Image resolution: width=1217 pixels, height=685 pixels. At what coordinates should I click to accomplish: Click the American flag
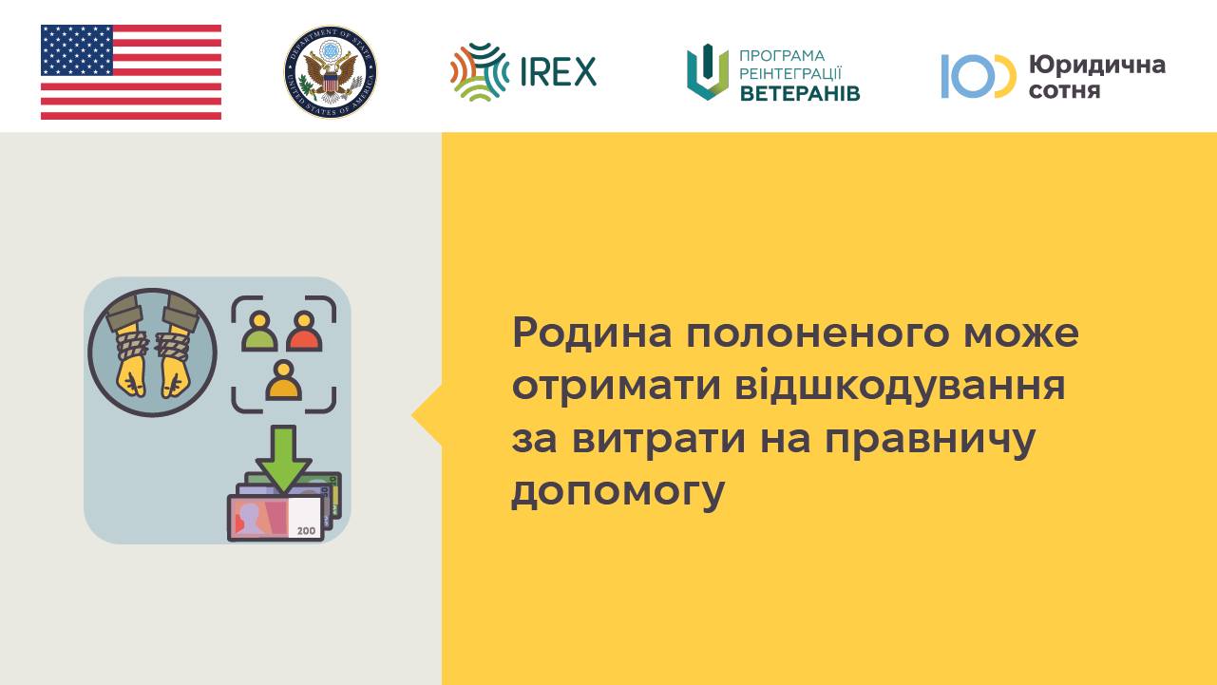click(x=131, y=71)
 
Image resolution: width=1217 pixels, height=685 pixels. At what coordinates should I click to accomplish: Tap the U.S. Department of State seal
click(x=331, y=71)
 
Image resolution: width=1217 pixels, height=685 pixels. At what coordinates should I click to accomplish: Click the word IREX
click(x=558, y=71)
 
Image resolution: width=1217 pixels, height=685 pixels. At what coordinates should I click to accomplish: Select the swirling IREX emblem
click(x=480, y=71)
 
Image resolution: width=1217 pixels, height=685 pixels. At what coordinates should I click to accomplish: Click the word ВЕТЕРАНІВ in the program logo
click(x=800, y=93)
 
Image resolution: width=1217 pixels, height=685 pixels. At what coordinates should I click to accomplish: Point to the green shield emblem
click(x=708, y=71)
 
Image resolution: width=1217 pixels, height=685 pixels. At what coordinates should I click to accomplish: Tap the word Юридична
click(x=1097, y=66)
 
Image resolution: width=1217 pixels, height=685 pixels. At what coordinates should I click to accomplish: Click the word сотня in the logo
click(x=1064, y=90)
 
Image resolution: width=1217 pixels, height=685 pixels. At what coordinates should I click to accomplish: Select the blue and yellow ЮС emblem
click(x=979, y=76)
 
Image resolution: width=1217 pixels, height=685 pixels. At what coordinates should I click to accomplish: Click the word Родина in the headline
click(x=592, y=333)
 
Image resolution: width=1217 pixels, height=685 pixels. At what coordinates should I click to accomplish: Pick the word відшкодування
click(x=900, y=387)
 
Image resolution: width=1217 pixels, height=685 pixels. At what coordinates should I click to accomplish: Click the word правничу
click(x=930, y=441)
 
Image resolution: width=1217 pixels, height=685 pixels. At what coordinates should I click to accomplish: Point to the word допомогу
click(x=618, y=493)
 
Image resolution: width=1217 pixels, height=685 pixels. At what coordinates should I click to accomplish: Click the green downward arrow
click(x=284, y=459)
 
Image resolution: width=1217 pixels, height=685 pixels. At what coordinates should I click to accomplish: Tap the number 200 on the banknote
click(x=307, y=531)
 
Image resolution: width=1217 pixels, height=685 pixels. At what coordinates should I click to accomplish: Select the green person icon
click(x=259, y=332)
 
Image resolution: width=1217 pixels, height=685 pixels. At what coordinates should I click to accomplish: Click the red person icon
click(x=304, y=332)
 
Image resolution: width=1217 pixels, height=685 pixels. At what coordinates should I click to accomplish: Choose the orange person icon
click(x=283, y=380)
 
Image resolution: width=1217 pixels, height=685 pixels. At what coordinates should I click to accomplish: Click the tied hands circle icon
click(x=153, y=352)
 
